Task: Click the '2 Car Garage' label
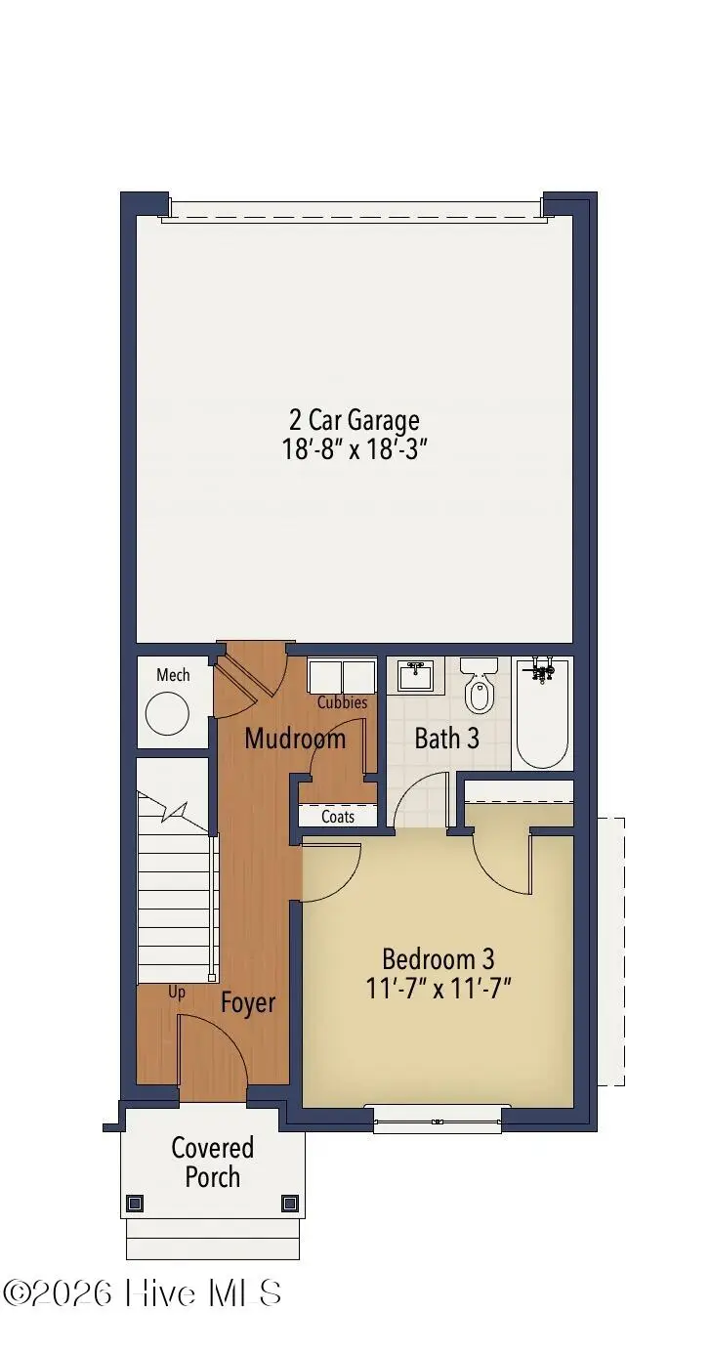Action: [355, 420]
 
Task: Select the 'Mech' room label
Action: [173, 675]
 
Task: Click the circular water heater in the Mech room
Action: [167, 714]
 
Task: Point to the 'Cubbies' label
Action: [342, 702]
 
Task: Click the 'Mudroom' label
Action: [295, 739]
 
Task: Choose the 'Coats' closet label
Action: [338, 817]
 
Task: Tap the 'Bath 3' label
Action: [446, 739]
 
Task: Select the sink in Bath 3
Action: [416, 675]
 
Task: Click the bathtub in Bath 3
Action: [542, 713]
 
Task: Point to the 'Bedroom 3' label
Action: [439, 958]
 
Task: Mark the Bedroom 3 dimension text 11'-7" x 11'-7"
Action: [439, 988]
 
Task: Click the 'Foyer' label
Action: [248, 1002]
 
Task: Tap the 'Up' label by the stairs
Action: [177, 992]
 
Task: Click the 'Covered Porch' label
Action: [213, 1162]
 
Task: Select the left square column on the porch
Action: [136, 1203]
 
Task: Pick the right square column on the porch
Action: [289, 1203]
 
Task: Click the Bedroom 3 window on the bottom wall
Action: [438, 1121]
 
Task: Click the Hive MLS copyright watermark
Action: [143, 1293]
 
